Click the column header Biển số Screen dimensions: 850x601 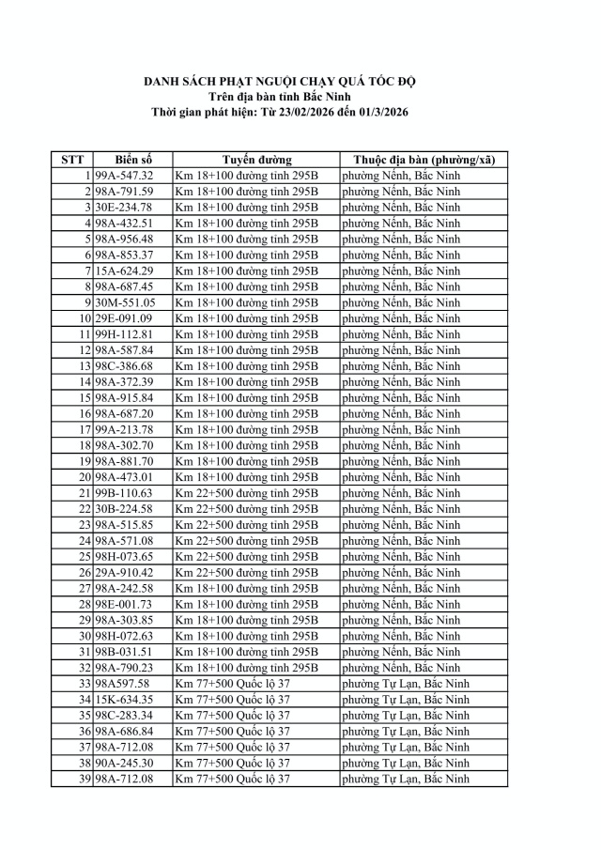(132, 160)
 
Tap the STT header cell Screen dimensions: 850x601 (72, 160)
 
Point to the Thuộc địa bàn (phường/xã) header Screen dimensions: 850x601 (424, 160)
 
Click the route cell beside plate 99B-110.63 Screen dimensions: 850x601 (247, 493)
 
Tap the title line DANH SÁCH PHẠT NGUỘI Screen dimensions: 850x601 (279, 83)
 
